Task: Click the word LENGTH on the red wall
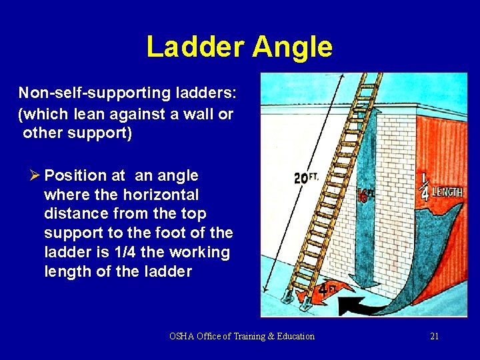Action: [448, 193]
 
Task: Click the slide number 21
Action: [434, 336]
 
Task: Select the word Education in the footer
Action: [294, 336]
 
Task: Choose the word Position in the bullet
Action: [75, 176]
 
